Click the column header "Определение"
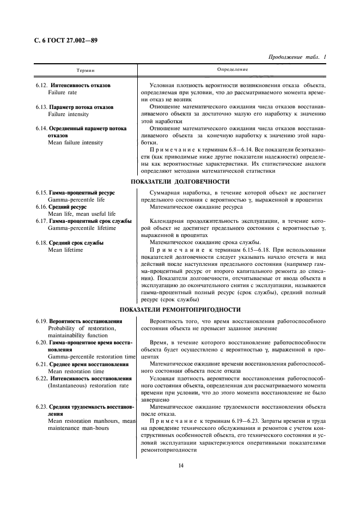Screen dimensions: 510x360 [233, 70]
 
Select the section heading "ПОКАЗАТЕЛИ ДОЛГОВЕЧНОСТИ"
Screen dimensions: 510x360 [180, 181]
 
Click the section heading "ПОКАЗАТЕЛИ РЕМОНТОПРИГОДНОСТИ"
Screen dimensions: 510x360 [180, 309]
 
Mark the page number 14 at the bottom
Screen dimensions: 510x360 [180, 464]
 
